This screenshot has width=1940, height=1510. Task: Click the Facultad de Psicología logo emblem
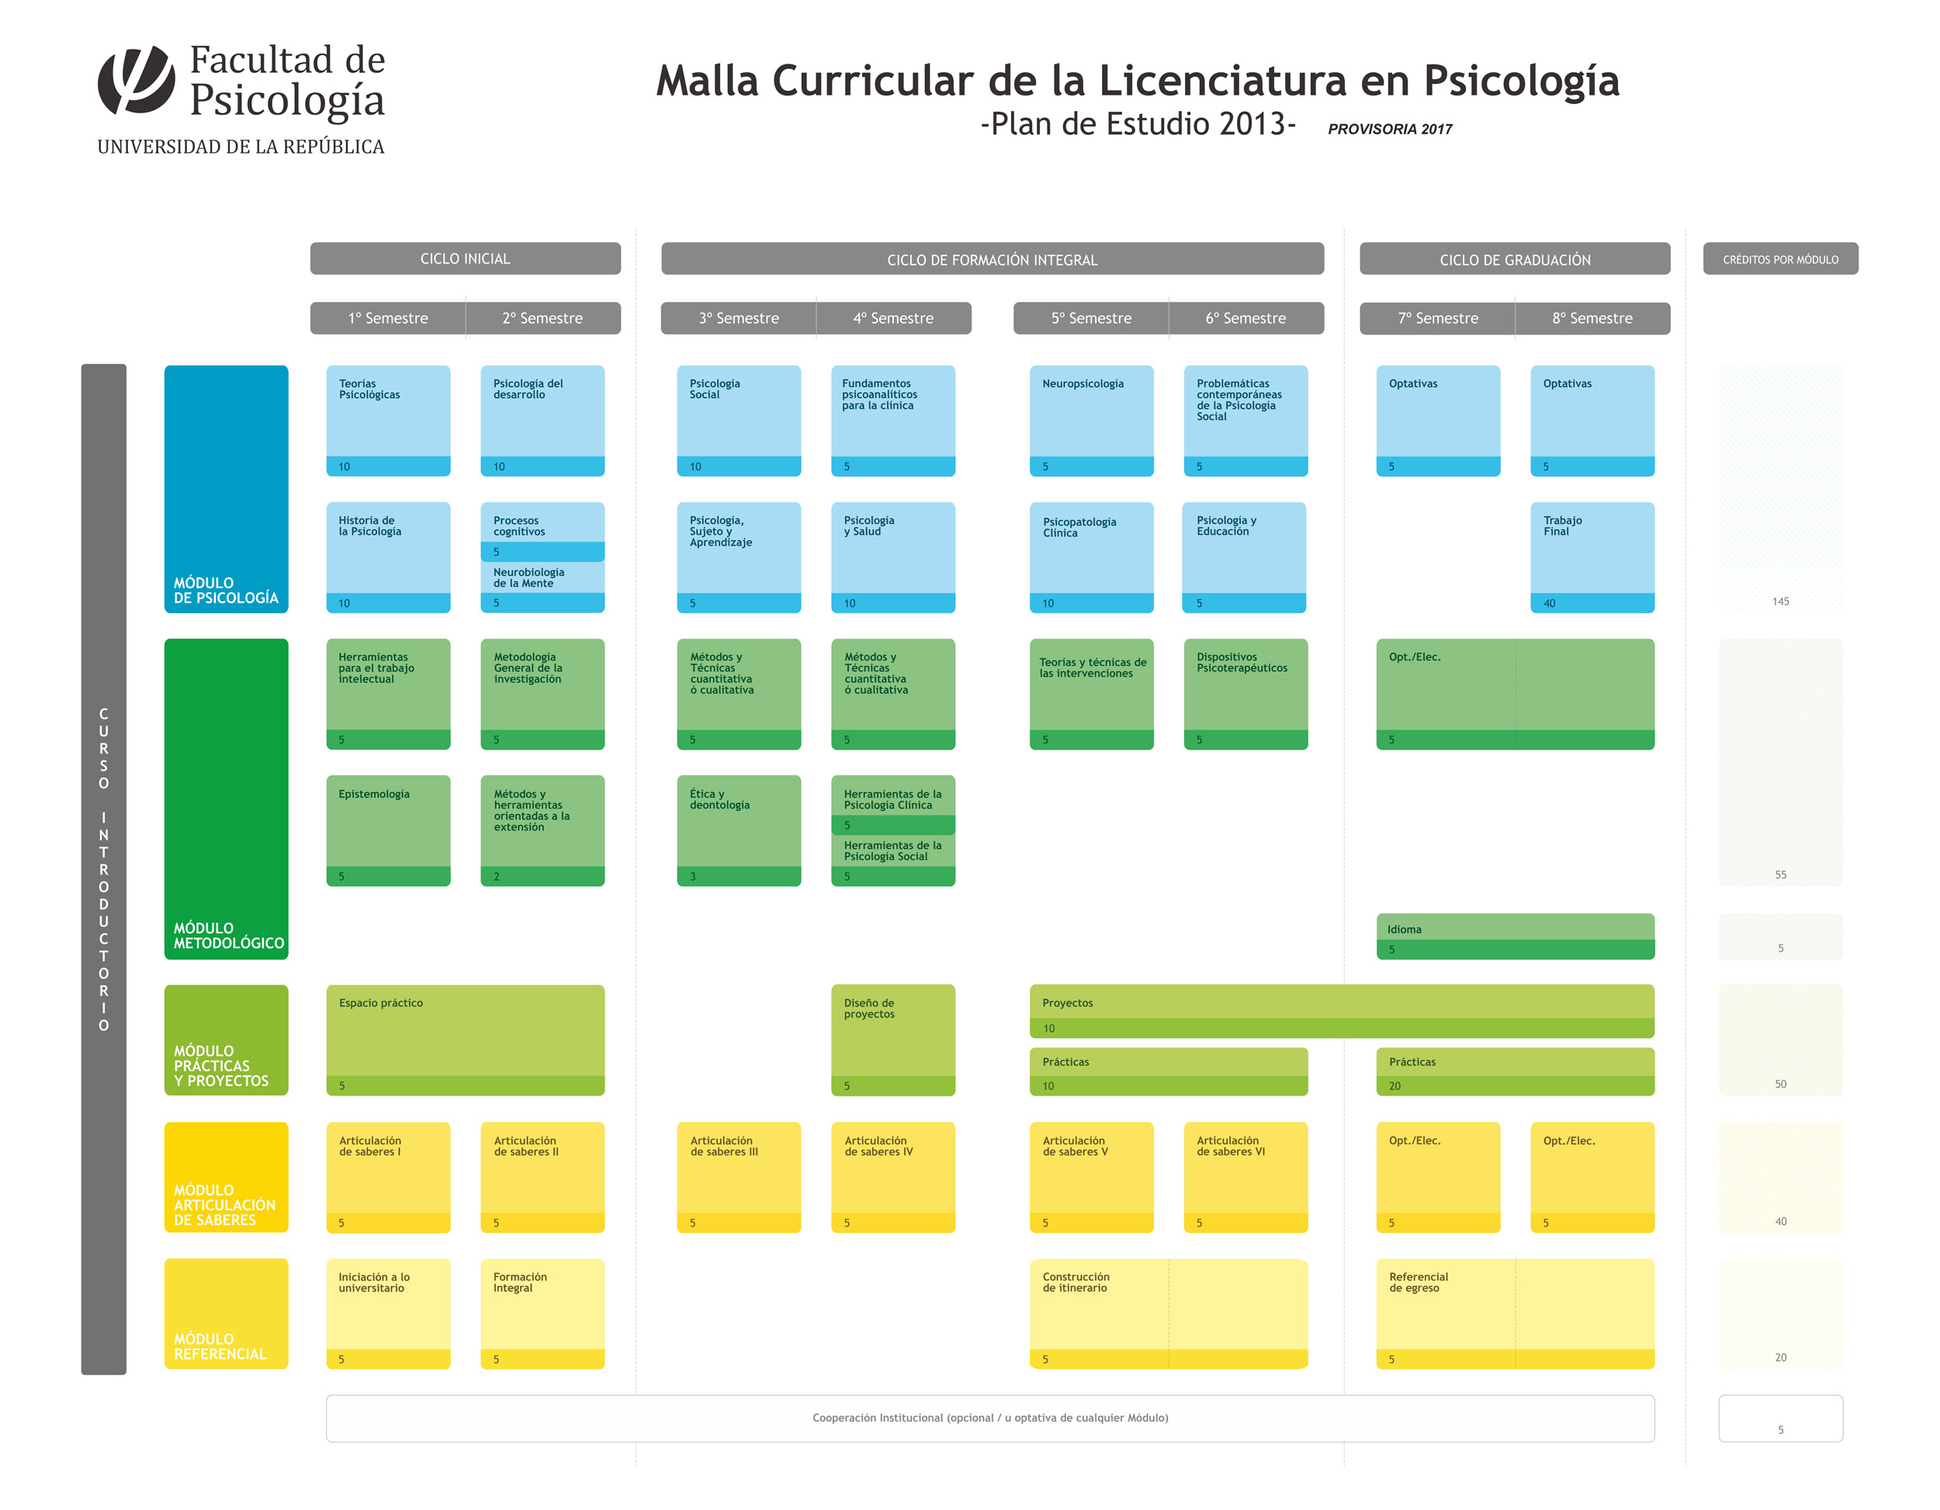[136, 80]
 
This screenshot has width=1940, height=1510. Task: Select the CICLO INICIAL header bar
[465, 258]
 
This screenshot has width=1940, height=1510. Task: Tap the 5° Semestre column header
[1091, 318]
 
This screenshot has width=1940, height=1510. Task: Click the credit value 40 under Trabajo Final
[1549, 603]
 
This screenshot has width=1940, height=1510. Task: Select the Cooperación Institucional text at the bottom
[989, 1418]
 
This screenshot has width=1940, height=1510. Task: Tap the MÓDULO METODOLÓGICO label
[227, 935]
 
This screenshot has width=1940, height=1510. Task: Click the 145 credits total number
[1780, 601]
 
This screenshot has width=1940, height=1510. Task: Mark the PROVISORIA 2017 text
[1389, 129]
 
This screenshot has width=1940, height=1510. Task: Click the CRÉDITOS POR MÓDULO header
[1780, 259]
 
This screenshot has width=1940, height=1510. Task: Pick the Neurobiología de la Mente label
[529, 578]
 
